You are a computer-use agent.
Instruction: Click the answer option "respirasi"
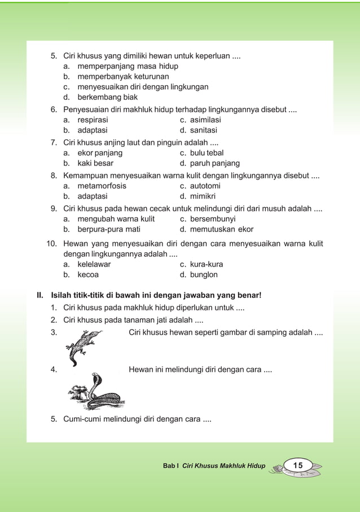(93, 120)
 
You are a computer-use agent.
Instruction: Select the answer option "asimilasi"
(205, 120)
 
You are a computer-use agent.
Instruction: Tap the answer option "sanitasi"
(203, 131)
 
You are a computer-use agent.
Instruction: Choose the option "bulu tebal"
(207, 153)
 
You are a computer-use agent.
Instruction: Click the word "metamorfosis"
(102, 186)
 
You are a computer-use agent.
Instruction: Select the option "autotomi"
(205, 186)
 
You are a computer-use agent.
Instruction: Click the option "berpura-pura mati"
(109, 229)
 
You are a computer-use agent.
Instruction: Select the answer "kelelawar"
(94, 264)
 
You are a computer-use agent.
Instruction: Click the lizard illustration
(84, 345)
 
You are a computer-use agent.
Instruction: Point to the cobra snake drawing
(96, 392)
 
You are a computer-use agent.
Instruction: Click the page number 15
(298, 465)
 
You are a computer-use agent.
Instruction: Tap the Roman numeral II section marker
(40, 295)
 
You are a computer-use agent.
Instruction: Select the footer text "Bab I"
(170, 466)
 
